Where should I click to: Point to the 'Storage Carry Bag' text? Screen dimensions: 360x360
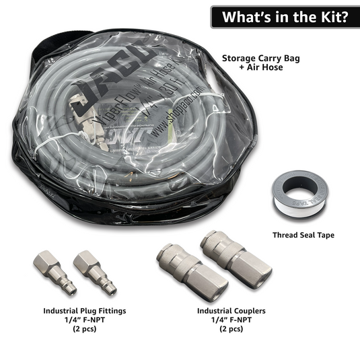click(x=261, y=58)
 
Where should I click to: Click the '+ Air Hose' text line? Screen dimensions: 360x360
click(x=261, y=69)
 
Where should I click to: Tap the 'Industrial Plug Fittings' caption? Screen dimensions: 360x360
click(x=85, y=311)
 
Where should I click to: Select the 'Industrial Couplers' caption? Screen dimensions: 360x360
click(x=231, y=311)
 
